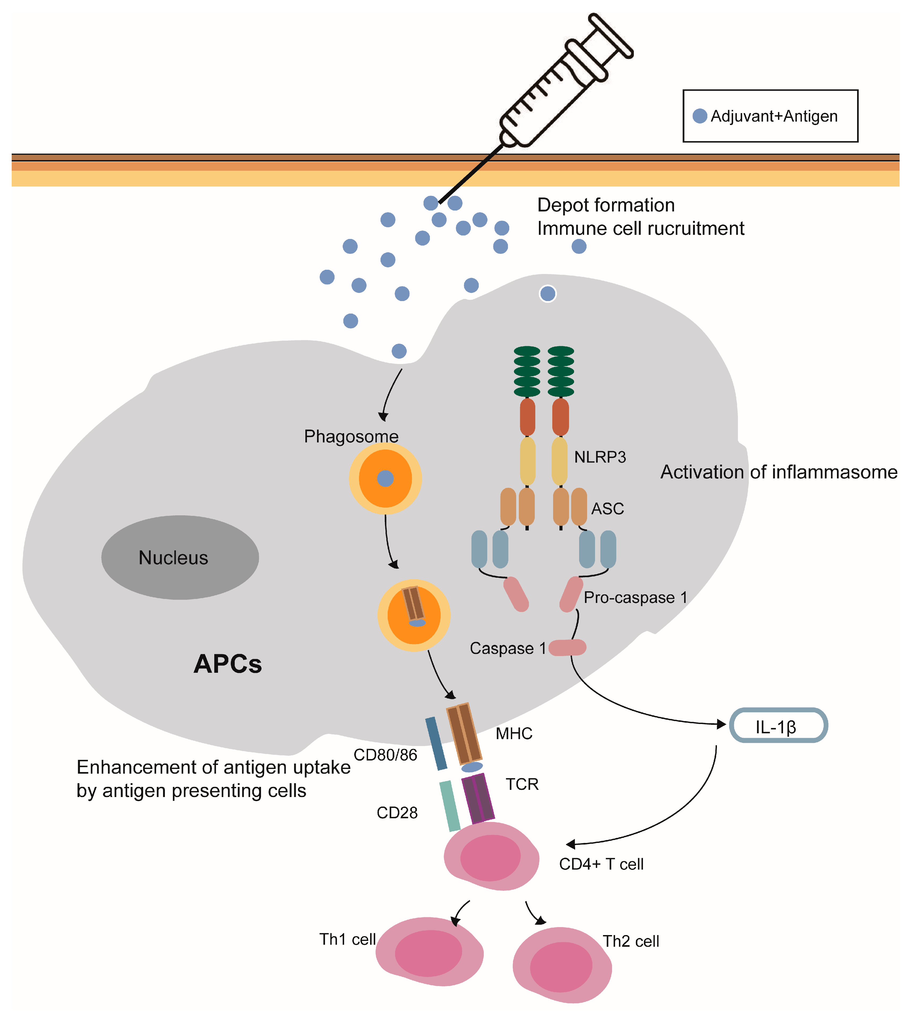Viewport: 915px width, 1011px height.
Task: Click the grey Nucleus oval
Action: (x=179, y=557)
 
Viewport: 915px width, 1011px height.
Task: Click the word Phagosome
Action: (x=351, y=436)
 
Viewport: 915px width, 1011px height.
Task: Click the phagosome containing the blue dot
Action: (x=385, y=478)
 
